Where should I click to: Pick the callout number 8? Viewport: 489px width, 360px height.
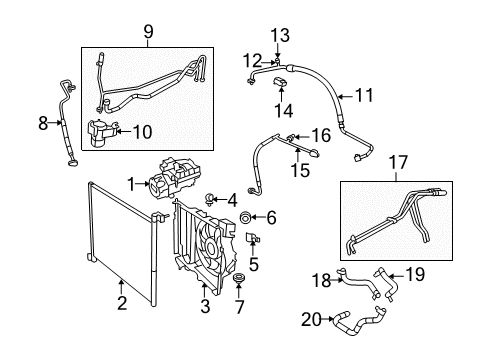click(43, 124)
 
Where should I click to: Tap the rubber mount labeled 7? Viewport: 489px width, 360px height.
click(240, 276)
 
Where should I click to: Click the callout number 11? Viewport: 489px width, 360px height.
click(363, 97)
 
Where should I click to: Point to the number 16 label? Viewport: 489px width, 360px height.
click(320, 135)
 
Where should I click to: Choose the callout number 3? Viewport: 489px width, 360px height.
click(204, 305)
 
